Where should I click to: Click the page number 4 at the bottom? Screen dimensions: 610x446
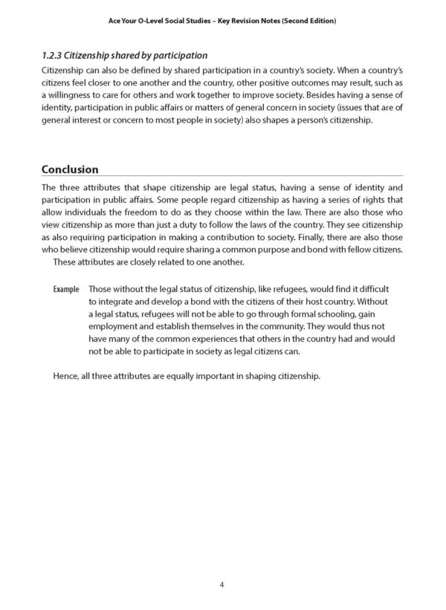[x=222, y=585]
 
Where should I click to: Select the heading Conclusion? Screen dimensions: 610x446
[x=71, y=169]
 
